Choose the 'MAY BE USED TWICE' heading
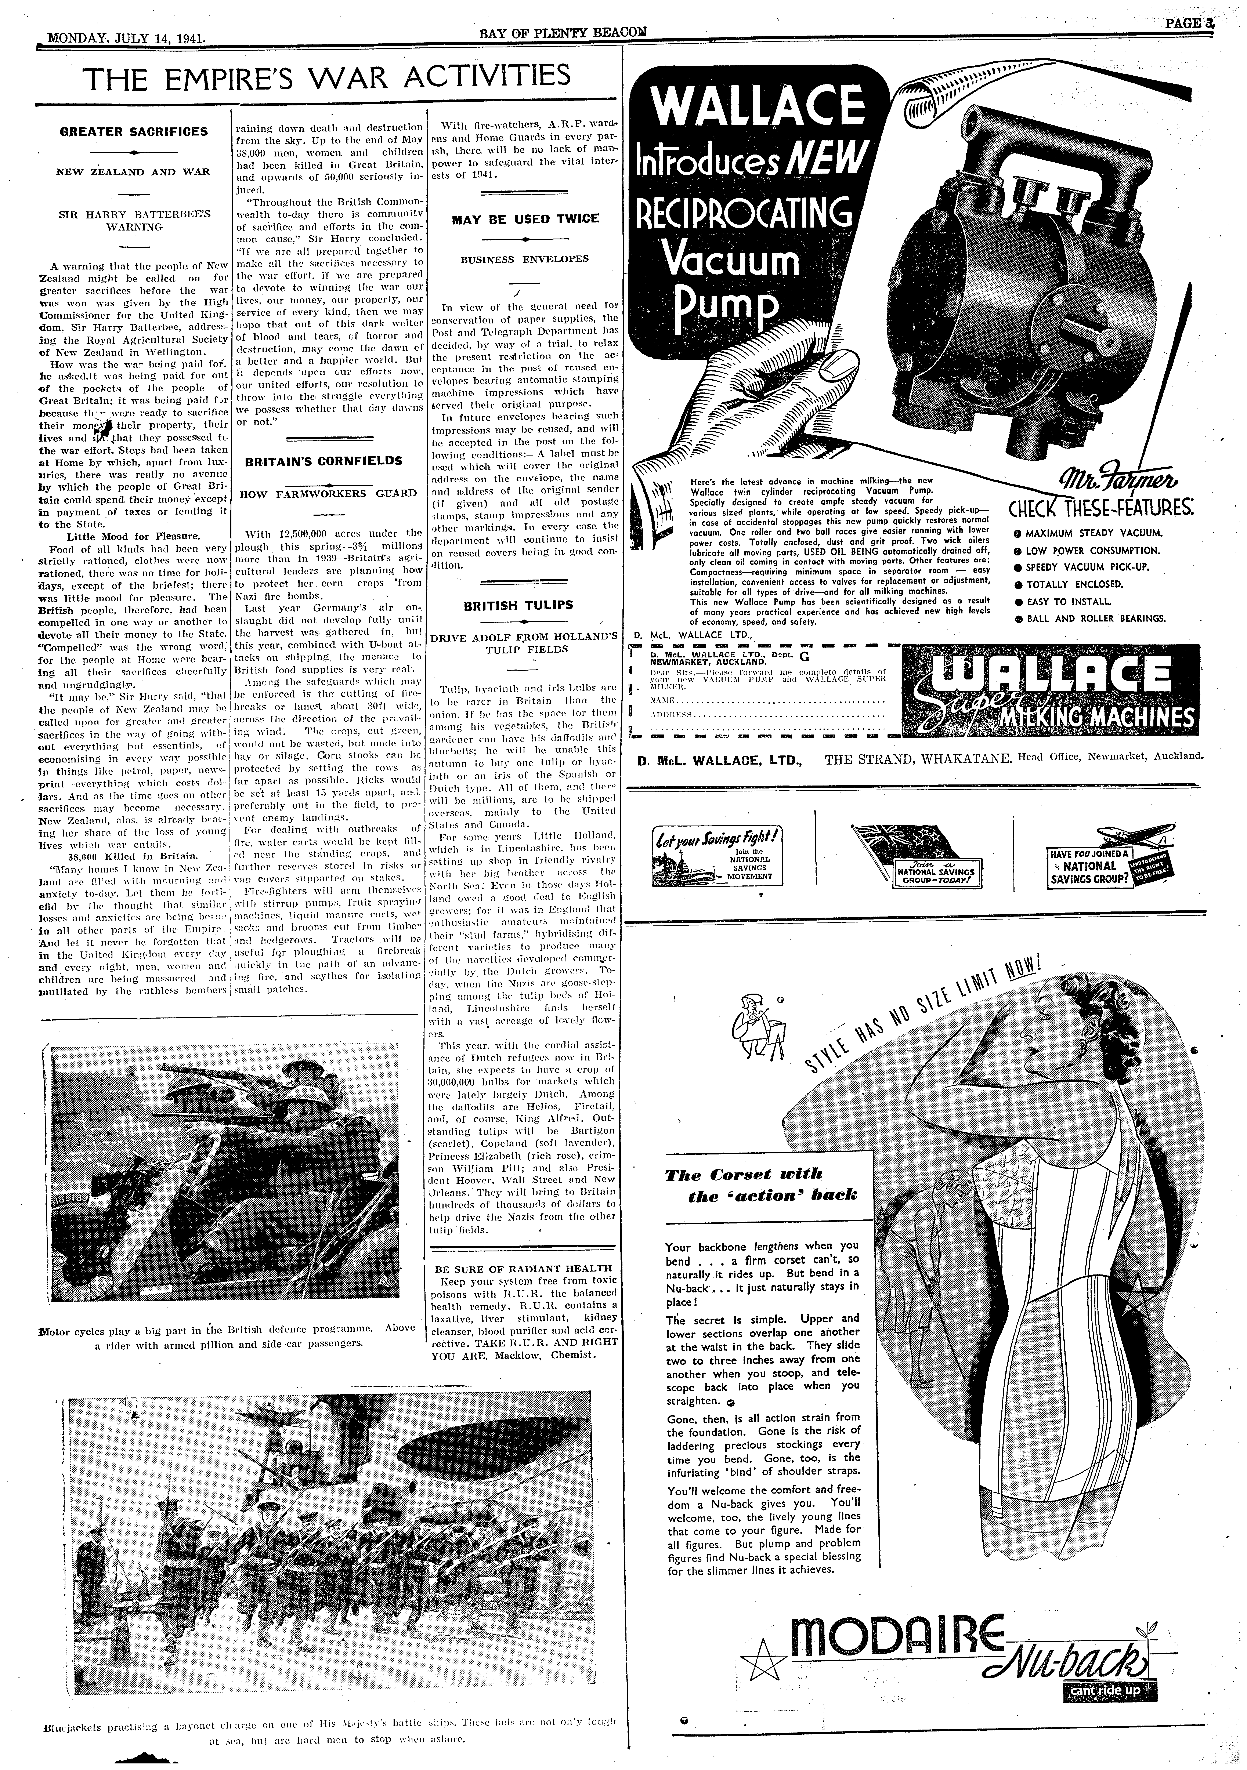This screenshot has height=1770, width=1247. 525,219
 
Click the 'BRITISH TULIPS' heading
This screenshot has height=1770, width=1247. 518,605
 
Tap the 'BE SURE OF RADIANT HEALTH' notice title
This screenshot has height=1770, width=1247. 524,1268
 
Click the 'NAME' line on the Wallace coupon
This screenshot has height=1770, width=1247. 763,699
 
